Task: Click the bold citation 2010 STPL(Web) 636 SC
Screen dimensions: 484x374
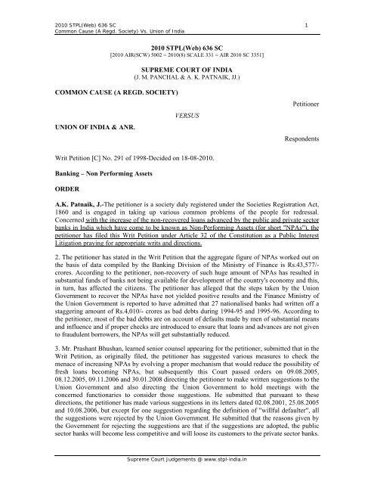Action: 187,46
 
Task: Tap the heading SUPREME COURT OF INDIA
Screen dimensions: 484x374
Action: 187,67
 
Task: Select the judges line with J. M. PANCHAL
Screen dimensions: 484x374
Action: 187,76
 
